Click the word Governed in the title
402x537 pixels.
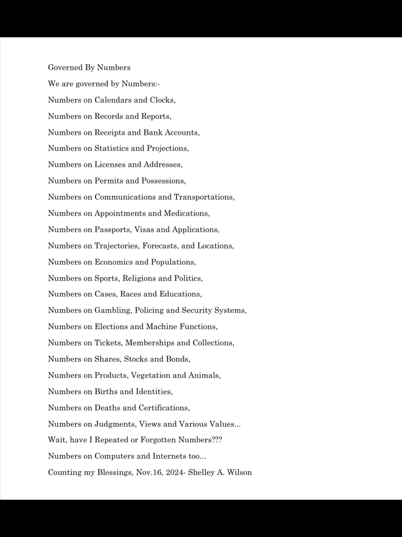tap(65, 68)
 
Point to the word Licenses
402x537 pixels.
tap(110, 165)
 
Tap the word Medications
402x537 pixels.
tap(186, 213)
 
